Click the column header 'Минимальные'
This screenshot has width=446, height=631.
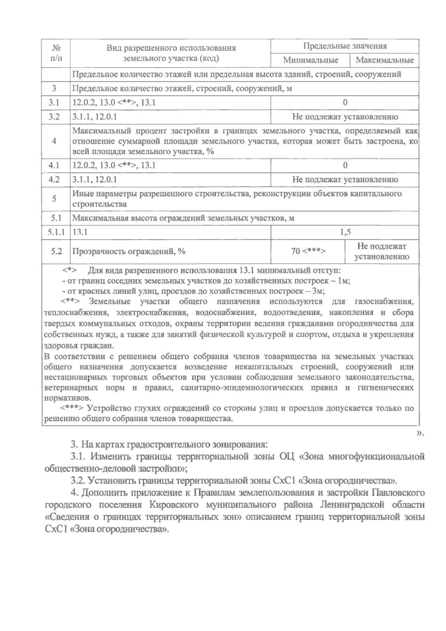click(x=310, y=60)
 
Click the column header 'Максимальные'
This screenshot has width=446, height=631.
click(x=384, y=60)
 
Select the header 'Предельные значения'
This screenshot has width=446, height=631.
click(x=345, y=46)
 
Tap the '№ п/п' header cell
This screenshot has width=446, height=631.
click(x=56, y=53)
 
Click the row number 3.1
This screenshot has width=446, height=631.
click(x=54, y=103)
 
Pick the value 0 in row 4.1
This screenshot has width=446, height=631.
click(x=345, y=165)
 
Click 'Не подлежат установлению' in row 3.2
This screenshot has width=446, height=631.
click(x=345, y=117)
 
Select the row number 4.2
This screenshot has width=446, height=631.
click(x=54, y=180)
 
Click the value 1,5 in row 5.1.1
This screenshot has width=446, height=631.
click(x=345, y=233)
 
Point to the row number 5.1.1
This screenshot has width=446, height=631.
click(x=56, y=233)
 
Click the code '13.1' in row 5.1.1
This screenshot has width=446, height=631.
click(x=80, y=233)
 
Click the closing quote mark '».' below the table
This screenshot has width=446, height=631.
click(x=420, y=433)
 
